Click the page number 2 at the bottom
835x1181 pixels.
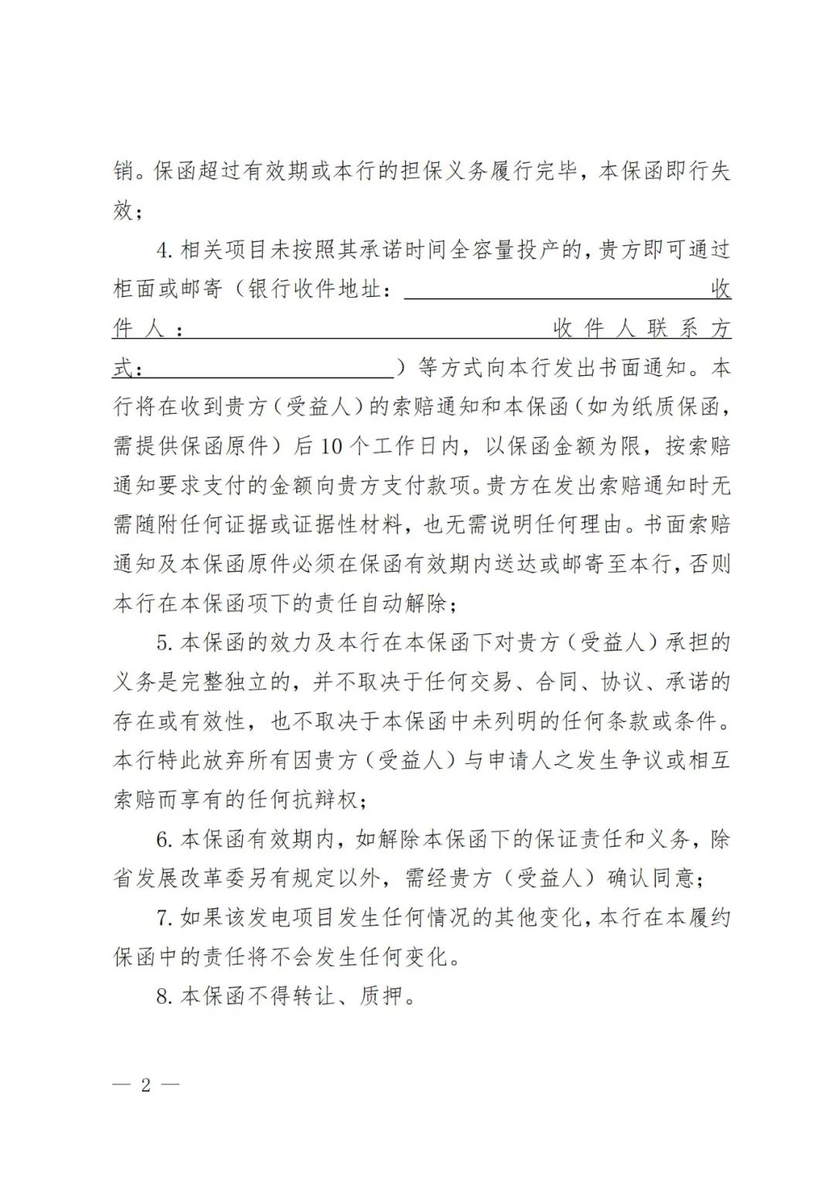tap(145, 1084)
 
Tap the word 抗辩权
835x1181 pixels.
tap(325, 800)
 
